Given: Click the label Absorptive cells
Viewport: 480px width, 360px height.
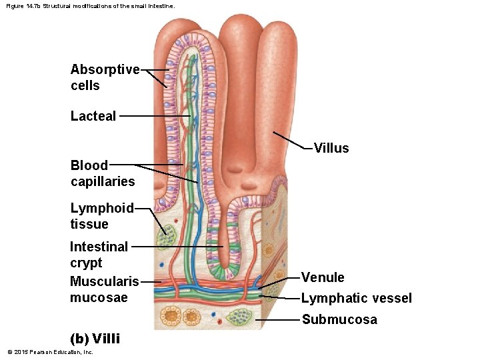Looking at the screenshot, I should click(x=105, y=77).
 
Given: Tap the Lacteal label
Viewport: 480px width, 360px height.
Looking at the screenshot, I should click(x=93, y=116).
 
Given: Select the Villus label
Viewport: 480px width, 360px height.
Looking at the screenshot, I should click(x=331, y=148).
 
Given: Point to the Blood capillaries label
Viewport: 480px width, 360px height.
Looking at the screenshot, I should click(x=102, y=173).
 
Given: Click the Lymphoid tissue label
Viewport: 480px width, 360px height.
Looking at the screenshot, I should click(x=102, y=216).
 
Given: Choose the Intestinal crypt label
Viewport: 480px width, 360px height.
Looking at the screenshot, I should click(x=99, y=254).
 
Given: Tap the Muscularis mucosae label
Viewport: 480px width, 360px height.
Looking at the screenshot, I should click(x=104, y=289).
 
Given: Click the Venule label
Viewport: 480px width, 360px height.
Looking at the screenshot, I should click(x=323, y=277).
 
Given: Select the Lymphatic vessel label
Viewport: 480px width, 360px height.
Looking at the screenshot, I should click(x=356, y=298).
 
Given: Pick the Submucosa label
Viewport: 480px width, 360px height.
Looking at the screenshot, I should click(x=339, y=319).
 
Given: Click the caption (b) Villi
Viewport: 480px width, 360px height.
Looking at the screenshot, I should click(x=95, y=338).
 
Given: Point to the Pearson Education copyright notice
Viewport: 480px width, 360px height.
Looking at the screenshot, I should click(x=50, y=352).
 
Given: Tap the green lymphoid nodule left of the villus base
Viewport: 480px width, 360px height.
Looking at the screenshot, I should click(x=165, y=235).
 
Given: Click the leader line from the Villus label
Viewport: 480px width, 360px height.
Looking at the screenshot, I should click(x=290, y=141).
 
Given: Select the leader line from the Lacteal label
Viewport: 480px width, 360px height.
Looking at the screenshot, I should click(x=153, y=116).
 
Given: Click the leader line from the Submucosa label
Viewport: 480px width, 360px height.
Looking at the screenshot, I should click(x=277, y=320).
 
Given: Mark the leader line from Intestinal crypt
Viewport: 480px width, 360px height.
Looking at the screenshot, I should click(x=177, y=247).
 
